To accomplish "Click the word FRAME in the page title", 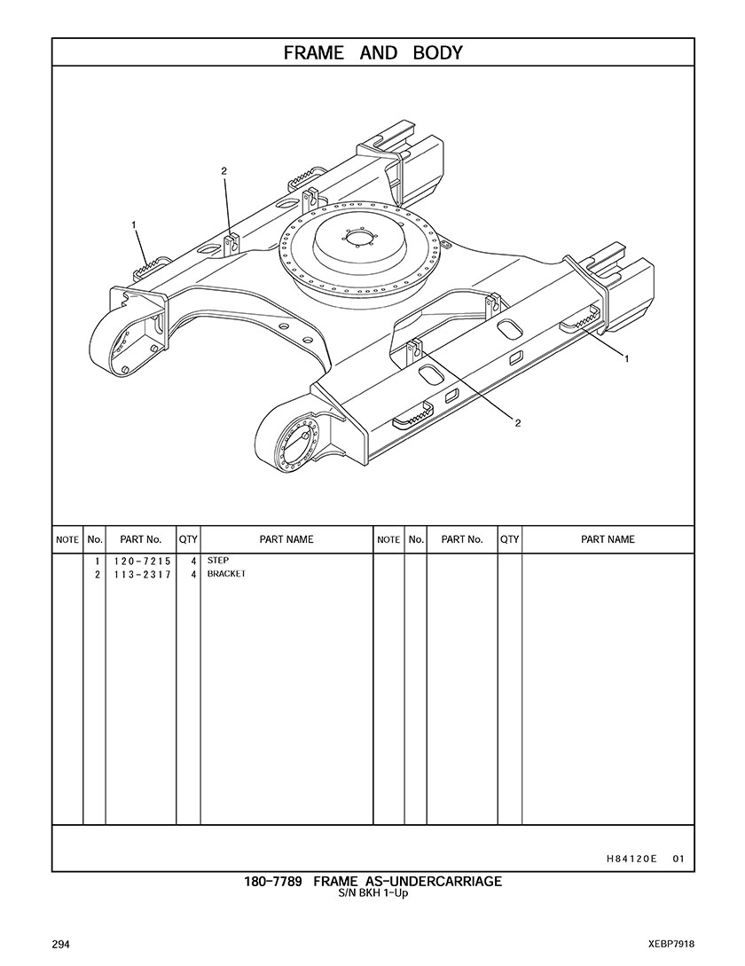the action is pos(314,53).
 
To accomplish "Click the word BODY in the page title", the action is pos(437,53).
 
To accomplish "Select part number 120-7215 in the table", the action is pos(142,562).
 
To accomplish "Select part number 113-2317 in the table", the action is pos(142,575).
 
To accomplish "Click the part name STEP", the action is pos(217,561).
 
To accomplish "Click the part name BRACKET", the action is pos(226,574).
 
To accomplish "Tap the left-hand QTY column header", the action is pos(188,539).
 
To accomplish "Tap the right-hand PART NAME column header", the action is pos(608,539).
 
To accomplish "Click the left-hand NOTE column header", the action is pos(67,539).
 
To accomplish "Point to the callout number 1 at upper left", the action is pos(134,225).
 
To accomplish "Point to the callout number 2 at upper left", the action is pos(224,171).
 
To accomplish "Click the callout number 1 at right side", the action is pos(627,359).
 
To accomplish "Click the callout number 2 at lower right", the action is pos(518,423).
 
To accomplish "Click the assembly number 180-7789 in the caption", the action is pos(273,882).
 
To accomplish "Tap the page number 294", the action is pos(60,945).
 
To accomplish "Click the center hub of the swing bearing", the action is pos(358,237).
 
